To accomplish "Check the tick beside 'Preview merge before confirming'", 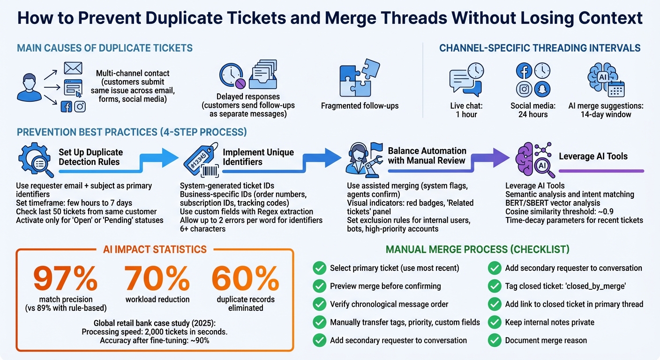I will click(x=319, y=286).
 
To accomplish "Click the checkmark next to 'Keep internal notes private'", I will click(x=495, y=322).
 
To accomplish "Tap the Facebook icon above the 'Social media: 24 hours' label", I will click(x=524, y=71).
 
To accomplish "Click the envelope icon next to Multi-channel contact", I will click(x=73, y=68).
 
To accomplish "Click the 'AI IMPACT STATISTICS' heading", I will click(x=155, y=249).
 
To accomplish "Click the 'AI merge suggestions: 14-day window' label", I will click(x=606, y=110).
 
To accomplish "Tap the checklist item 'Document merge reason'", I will click(x=546, y=340).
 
